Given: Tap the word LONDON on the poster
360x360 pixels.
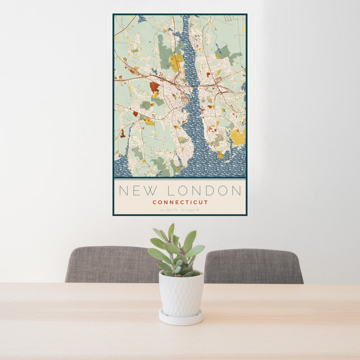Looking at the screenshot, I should [204, 190].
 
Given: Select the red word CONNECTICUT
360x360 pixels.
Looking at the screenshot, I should [180, 202].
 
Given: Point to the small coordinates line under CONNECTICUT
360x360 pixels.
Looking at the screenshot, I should [180, 210].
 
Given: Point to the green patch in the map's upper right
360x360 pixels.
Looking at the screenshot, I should [225, 51].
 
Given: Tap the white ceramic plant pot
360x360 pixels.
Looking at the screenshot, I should [181, 294].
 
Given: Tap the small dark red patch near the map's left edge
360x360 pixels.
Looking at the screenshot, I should [123, 133].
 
